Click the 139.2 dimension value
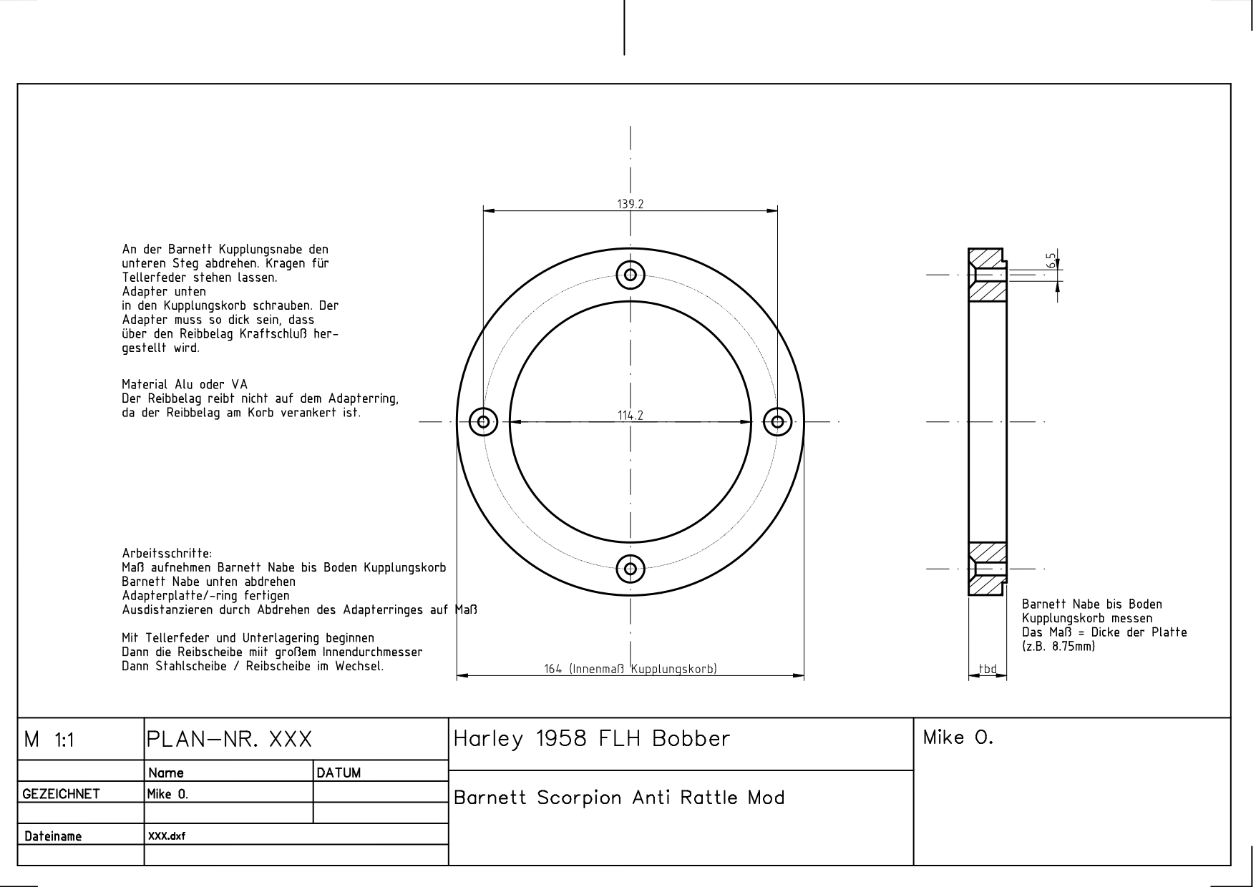(x=631, y=204)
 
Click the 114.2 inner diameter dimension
(x=631, y=415)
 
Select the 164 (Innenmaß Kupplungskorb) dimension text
(x=631, y=670)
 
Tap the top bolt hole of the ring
(x=631, y=275)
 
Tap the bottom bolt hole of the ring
(x=631, y=569)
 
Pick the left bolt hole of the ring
(x=483, y=421)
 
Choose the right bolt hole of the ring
(x=777, y=421)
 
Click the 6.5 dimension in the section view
(x=1051, y=259)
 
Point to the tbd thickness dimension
(x=988, y=670)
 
